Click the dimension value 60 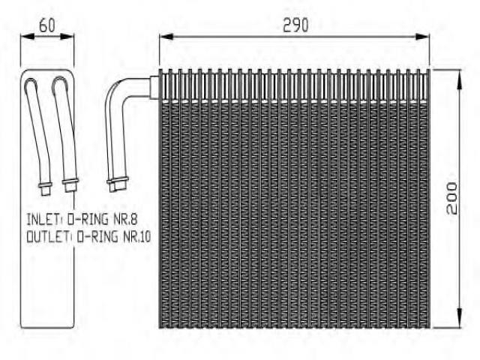click(47, 25)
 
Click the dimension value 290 click(295, 25)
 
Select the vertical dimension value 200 click(451, 198)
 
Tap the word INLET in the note click(42, 220)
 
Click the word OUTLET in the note click(47, 237)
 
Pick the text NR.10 click(136, 237)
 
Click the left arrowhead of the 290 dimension click(166, 37)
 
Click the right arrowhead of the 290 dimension click(422, 37)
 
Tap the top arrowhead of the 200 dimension click(460, 79)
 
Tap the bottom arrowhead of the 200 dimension click(460, 318)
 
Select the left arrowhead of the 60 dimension click(28, 37)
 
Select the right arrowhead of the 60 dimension click(67, 37)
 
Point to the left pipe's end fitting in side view click(45, 188)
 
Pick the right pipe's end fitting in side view click(70, 184)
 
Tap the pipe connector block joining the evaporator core click(154, 87)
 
